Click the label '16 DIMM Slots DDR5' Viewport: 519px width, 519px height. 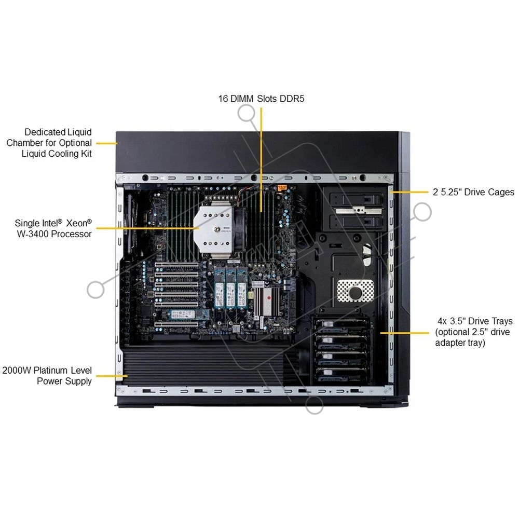(261, 99)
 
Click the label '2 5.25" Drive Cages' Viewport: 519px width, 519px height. (473, 192)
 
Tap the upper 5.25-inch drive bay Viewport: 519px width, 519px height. (357, 199)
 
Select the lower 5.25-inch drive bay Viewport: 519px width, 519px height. (357, 221)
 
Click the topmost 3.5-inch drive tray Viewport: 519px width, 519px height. (342, 325)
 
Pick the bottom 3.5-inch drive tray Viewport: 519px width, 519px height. (342, 374)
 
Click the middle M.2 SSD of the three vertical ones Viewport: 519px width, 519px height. (230, 288)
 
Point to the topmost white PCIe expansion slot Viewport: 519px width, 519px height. (177, 265)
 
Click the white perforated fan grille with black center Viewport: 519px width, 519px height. (356, 291)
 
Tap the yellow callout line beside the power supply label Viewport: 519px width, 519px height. (112, 376)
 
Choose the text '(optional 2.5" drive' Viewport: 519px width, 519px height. (472, 332)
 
